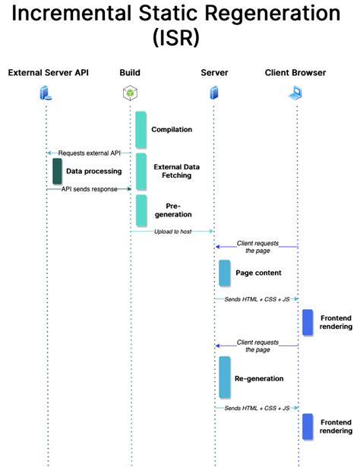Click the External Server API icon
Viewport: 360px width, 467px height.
pyautogui.click(x=46, y=93)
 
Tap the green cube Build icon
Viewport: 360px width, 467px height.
pyautogui.click(x=130, y=93)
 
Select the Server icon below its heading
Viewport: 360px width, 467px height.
pyautogui.click(x=214, y=93)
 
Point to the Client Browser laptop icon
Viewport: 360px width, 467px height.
pyautogui.click(x=295, y=93)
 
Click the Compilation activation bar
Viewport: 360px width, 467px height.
pyautogui.click(x=141, y=130)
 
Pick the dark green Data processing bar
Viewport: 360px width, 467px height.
pyautogui.click(x=57, y=172)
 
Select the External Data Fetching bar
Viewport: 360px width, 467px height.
pyautogui.click(x=141, y=172)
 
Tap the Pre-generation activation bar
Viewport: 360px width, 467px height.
pyautogui.click(x=141, y=210)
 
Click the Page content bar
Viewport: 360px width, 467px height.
pyautogui.click(x=225, y=273)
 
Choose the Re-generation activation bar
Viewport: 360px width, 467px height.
pyautogui.click(x=225, y=377)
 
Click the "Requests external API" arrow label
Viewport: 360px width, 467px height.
pyautogui.click(x=90, y=153)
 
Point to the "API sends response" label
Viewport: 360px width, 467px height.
pyautogui.click(x=90, y=189)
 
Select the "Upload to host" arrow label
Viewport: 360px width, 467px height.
pyautogui.click(x=172, y=232)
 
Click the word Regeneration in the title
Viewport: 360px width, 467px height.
pyautogui.click(x=273, y=13)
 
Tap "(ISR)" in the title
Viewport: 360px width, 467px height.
pyautogui.click(x=175, y=38)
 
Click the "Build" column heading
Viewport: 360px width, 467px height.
pyautogui.click(x=130, y=73)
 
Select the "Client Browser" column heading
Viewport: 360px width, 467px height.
pyautogui.click(x=295, y=73)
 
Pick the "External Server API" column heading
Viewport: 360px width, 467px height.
pyautogui.click(x=49, y=73)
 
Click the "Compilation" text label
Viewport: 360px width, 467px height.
pyautogui.click(x=172, y=130)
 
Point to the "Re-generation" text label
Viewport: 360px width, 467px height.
pyautogui.click(x=259, y=379)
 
